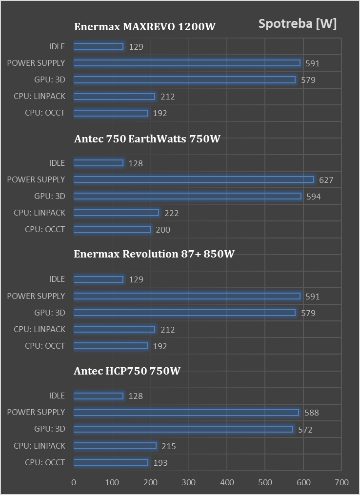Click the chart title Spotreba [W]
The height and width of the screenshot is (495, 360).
click(x=298, y=24)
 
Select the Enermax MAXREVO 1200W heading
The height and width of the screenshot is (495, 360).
click(x=145, y=27)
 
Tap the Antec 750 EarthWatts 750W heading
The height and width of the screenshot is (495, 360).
click(x=147, y=139)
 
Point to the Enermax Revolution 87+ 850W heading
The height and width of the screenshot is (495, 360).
click(x=154, y=254)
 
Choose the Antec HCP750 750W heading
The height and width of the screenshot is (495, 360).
click(x=127, y=371)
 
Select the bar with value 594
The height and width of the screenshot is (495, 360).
click(x=187, y=196)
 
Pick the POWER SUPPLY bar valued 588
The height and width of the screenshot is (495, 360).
click(x=186, y=413)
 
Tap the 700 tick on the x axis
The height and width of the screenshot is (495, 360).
click(x=341, y=482)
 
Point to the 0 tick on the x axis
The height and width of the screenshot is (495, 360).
click(x=74, y=482)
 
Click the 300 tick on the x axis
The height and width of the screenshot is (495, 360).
click(x=188, y=482)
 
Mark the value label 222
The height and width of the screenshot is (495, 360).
click(x=171, y=213)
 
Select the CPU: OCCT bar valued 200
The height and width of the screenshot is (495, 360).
click(x=112, y=230)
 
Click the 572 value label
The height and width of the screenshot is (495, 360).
click(x=305, y=430)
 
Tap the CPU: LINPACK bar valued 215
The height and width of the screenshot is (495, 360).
click(x=115, y=446)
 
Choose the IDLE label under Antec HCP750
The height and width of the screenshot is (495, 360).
click(x=57, y=396)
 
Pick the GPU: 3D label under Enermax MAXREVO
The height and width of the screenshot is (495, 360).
click(x=49, y=79)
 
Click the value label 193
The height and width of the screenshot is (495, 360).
click(x=160, y=463)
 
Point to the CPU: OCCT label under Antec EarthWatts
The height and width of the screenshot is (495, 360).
click(x=45, y=229)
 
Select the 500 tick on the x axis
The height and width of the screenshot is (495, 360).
click(x=265, y=482)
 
